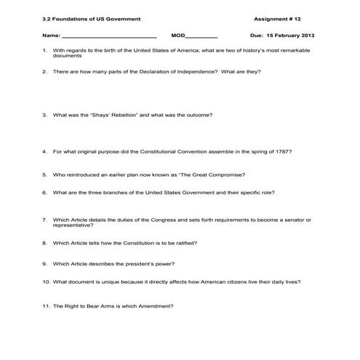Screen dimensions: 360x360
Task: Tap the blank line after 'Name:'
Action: click(109, 36)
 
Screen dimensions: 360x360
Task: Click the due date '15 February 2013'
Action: click(297, 35)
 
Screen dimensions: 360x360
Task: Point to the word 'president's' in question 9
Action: click(137, 263)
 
